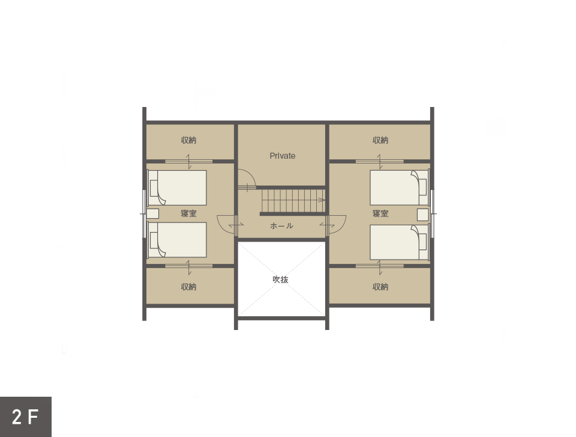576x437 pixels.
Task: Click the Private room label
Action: click(x=282, y=156)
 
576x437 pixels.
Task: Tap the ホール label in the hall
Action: click(x=282, y=225)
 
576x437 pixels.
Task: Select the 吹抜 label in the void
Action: click(x=280, y=280)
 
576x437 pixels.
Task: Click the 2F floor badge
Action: click(x=26, y=417)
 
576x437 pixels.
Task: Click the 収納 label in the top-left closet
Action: click(x=189, y=140)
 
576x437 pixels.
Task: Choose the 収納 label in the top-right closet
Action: click(x=380, y=140)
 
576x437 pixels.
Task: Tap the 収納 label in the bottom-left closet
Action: click(x=189, y=287)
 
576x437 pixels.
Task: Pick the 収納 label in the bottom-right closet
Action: click(x=380, y=287)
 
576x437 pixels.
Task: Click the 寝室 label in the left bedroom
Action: click(x=189, y=213)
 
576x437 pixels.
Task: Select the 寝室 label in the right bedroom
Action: click(x=380, y=213)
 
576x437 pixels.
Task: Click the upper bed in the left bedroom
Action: click(x=177, y=188)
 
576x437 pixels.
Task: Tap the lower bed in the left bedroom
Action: click(x=177, y=240)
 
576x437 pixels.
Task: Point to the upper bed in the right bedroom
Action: click(x=400, y=188)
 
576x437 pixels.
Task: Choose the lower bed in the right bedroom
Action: click(x=400, y=242)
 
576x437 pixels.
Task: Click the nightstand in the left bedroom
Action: click(x=153, y=214)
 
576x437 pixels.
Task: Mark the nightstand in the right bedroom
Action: click(x=423, y=215)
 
